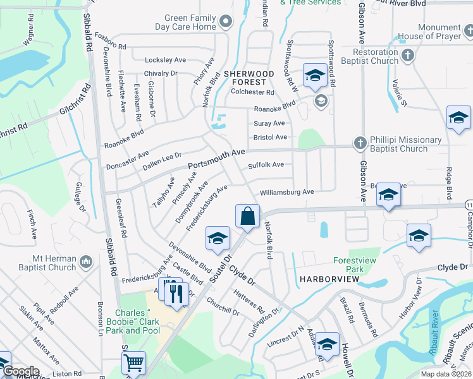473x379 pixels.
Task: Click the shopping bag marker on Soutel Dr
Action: (248, 216)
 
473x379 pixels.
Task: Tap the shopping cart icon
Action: (133, 363)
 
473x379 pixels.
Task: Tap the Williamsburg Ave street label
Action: (286, 192)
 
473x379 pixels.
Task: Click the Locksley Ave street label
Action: (165, 60)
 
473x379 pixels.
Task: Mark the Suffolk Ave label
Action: (266, 165)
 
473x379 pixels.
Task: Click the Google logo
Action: (21, 372)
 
